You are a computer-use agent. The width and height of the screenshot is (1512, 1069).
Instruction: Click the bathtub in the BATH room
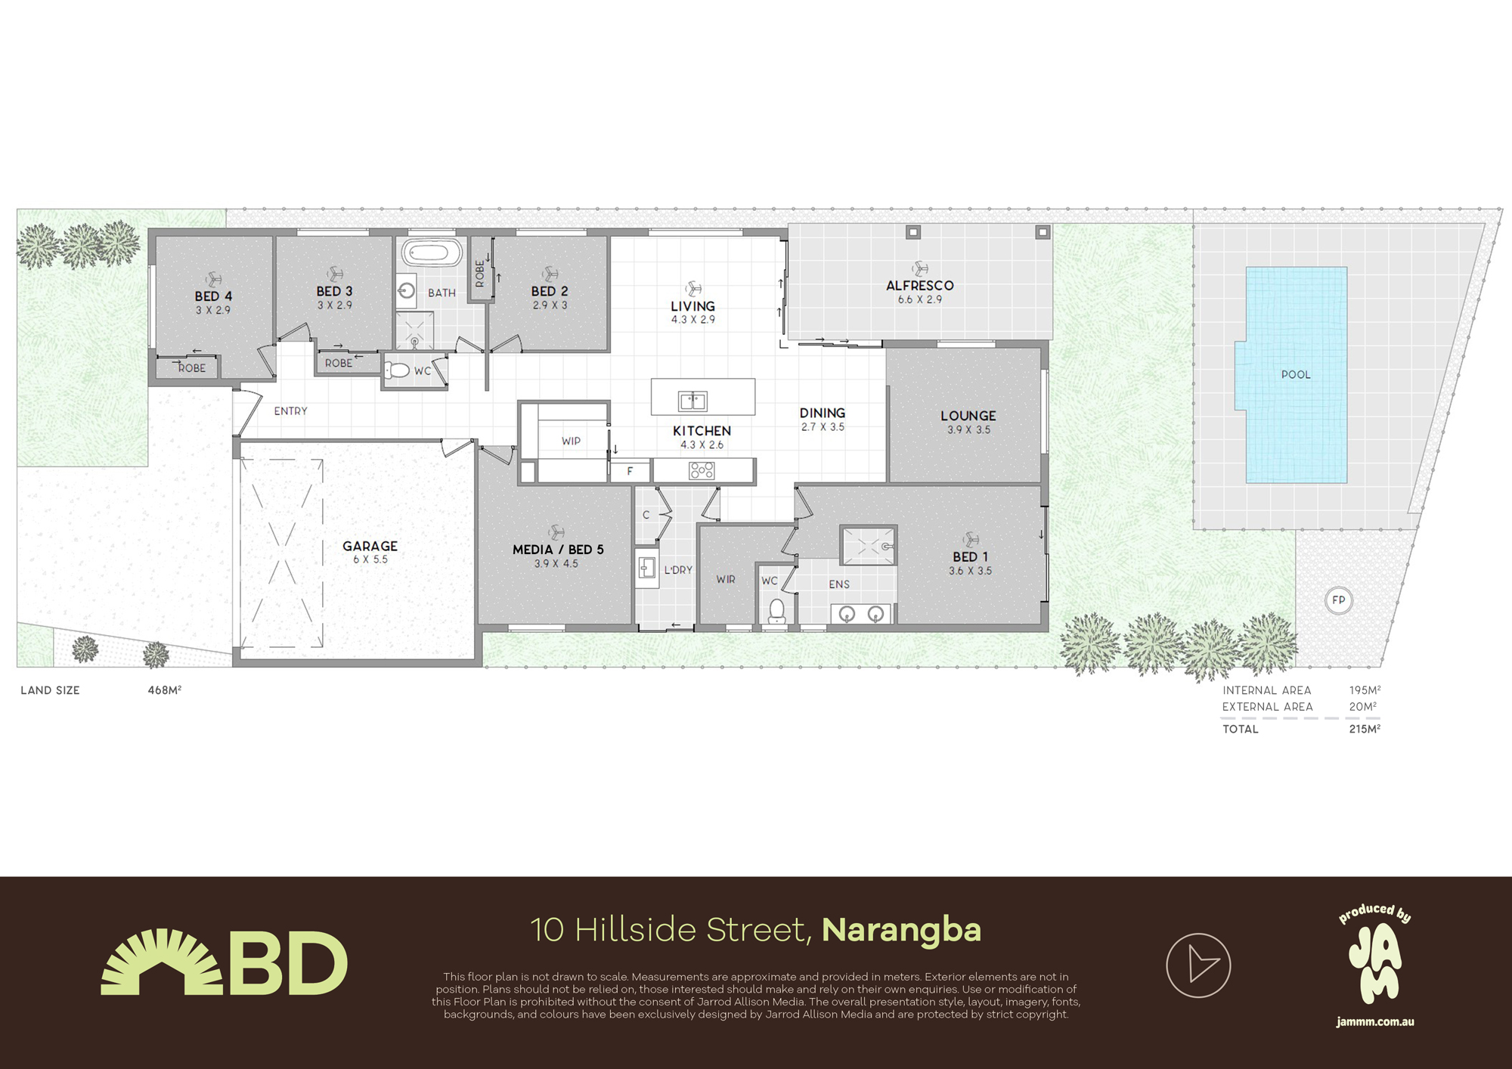(431, 253)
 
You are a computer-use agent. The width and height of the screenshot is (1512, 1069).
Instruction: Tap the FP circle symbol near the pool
(1338, 600)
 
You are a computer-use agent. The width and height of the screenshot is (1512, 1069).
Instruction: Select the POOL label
(1296, 375)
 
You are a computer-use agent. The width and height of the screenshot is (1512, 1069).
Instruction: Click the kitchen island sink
(692, 400)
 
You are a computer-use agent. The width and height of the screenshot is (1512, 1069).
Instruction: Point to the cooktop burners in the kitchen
(702, 471)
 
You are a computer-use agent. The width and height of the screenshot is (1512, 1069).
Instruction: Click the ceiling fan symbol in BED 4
(213, 280)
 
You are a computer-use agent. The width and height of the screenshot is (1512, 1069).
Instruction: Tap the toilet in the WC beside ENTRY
(398, 370)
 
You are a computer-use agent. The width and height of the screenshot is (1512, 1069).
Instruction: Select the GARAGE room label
(370, 546)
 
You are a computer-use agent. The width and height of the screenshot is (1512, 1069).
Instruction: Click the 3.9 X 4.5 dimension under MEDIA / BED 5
(556, 564)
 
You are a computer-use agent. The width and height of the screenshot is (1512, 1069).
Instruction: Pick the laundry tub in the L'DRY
(646, 567)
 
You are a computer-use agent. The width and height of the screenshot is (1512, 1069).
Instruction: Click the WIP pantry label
(571, 442)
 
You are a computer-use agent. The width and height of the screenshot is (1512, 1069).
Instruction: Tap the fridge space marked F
(630, 471)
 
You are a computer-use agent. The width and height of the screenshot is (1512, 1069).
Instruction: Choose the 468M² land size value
(164, 690)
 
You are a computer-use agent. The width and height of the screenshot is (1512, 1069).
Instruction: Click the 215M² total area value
(1365, 730)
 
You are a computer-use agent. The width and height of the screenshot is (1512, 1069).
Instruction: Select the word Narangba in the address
(901, 930)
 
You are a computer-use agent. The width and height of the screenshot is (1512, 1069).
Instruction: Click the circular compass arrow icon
(1198, 965)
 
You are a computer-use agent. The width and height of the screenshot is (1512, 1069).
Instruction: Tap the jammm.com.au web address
(1375, 1022)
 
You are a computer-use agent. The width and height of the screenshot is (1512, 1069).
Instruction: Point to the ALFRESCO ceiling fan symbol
(920, 268)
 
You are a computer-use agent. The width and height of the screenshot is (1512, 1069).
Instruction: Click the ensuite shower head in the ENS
(886, 546)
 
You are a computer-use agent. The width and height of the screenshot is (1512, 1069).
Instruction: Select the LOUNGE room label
(968, 416)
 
